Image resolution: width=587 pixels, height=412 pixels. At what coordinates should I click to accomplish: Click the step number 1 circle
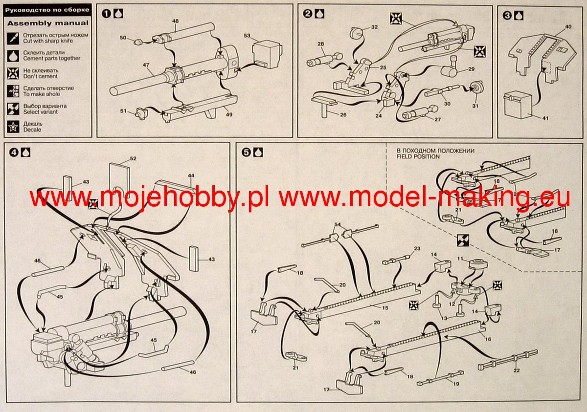106,14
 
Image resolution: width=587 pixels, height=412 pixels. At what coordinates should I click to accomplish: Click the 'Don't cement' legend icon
15,73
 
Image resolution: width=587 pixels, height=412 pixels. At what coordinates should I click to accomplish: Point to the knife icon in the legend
15,37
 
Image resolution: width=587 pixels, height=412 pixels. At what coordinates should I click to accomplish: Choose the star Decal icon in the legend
15,127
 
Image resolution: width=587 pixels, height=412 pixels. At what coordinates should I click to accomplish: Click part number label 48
175,21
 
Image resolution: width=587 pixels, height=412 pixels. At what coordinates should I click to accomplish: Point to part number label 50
123,38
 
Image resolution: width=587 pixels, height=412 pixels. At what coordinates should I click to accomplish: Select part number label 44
191,175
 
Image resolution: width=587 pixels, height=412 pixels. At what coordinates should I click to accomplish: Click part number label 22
517,370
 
